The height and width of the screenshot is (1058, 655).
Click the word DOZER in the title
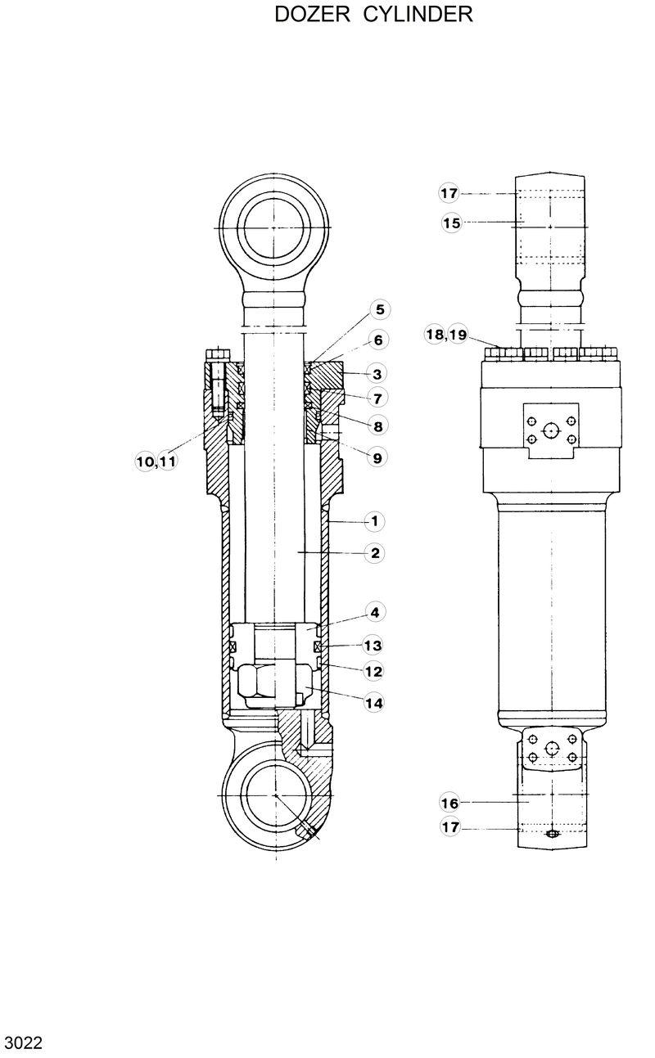click(x=310, y=15)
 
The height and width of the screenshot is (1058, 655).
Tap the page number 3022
click(x=23, y=1043)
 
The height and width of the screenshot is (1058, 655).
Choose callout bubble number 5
click(x=379, y=309)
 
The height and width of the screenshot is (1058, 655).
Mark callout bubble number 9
click(x=377, y=458)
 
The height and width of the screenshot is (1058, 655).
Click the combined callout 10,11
click(x=156, y=462)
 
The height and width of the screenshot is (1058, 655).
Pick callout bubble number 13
click(x=373, y=646)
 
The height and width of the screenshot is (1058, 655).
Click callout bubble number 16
click(x=449, y=803)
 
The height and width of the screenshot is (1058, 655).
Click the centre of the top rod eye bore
click(x=275, y=227)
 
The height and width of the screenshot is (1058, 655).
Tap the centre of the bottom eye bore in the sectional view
click(x=276, y=795)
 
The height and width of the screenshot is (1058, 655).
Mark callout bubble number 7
click(x=377, y=398)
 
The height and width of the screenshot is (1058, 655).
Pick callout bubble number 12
click(x=373, y=671)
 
